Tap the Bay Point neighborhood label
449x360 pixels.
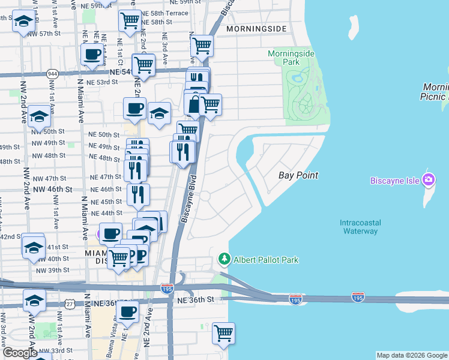(x=298, y=175)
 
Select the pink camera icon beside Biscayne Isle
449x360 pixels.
(x=428, y=179)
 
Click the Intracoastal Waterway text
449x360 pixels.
(x=360, y=227)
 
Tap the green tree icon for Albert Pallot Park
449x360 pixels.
(x=224, y=259)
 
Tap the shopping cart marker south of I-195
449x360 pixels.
(x=223, y=332)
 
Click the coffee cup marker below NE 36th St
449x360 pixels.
(x=127, y=312)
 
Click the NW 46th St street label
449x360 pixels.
(x=52, y=189)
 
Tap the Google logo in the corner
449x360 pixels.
(x=19, y=353)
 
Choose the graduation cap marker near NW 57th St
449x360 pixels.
(x=23, y=22)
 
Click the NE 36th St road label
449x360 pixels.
(x=196, y=299)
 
